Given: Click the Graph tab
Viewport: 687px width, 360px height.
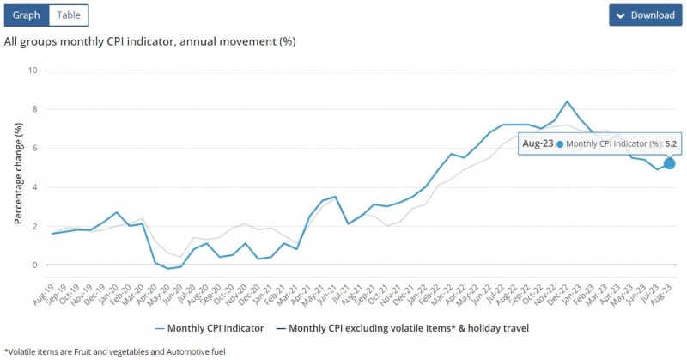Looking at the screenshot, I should point(27,15).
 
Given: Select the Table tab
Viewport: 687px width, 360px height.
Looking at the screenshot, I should point(68,15).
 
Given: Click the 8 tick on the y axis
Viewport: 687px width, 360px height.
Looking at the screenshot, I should point(34,109).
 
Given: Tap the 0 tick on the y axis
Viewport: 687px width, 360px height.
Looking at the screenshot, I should point(34,265).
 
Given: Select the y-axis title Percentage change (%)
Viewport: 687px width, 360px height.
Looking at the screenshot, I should point(18,173).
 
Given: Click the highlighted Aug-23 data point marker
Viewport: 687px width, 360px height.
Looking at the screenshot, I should point(669,163).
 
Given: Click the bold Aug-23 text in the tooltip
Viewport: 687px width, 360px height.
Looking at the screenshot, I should point(538,143).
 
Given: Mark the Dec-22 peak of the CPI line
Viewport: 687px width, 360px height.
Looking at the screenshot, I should point(567,101).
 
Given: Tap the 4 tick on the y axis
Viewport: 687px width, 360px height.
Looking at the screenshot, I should point(34,187).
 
